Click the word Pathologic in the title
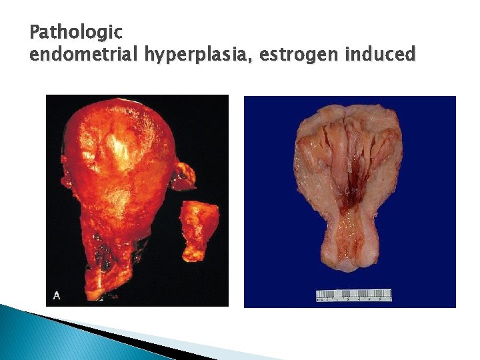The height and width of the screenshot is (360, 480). point(76,32)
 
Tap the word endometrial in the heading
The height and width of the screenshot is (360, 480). point(84,54)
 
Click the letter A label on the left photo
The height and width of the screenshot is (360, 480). point(56,295)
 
